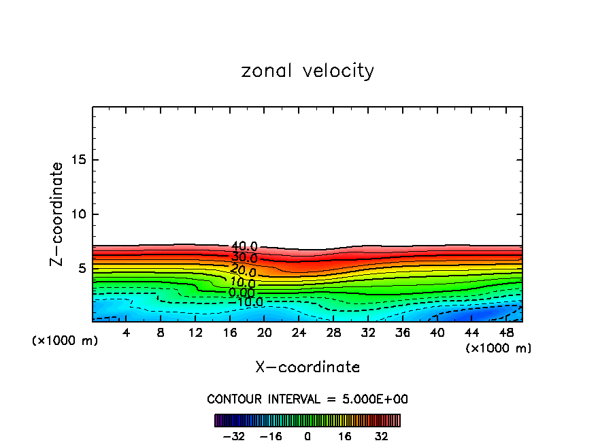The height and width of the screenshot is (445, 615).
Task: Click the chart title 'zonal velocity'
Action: pos(307,71)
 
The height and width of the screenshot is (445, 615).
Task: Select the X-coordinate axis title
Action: pos(307,367)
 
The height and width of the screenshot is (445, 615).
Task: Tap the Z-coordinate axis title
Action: pos(58,214)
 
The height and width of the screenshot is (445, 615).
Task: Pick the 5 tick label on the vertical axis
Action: pos(82,268)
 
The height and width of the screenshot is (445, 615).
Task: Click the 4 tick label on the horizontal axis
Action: pos(126,333)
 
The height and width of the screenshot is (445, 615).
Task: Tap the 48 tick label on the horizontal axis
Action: pos(506,333)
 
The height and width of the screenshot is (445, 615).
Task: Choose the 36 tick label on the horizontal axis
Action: pos(403,333)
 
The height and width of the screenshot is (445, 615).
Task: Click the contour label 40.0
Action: pos(244,246)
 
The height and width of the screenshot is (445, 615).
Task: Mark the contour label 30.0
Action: pos(244,259)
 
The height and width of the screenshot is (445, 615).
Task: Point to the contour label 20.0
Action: pos(243,270)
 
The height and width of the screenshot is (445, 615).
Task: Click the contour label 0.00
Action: pos(242,293)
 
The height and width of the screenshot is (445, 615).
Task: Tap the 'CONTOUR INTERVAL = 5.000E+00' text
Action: pos(307,399)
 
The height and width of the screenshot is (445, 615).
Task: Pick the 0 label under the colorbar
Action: pos(307,437)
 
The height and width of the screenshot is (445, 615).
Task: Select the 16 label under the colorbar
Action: pos(345,437)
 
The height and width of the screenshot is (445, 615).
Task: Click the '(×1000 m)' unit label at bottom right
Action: pos(499,348)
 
